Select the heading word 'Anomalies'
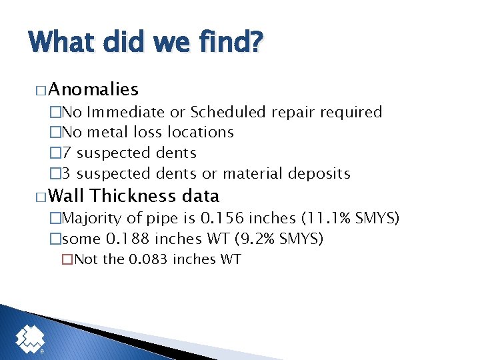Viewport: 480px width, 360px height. pyautogui.click(x=93, y=89)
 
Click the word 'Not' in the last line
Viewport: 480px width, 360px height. pyautogui.click(x=85, y=259)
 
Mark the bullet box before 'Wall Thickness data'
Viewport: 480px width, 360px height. pyautogui.click(x=39, y=197)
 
